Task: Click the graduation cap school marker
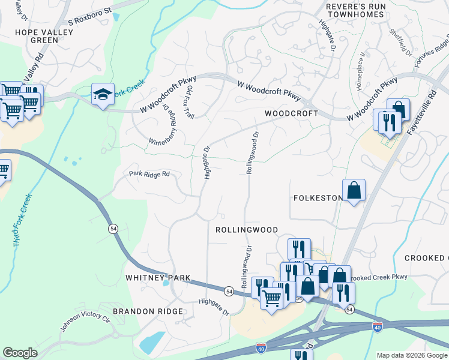pyautogui.click(x=103, y=94)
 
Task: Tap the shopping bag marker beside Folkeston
pyautogui.click(x=354, y=190)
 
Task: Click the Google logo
pyautogui.click(x=20, y=353)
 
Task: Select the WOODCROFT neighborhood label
pyautogui.click(x=291, y=113)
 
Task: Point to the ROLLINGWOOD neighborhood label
pyautogui.click(x=247, y=230)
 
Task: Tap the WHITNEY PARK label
pyautogui.click(x=158, y=278)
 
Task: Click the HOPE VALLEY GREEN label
pyautogui.click(x=36, y=36)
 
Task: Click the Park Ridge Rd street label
pyautogui.click(x=149, y=174)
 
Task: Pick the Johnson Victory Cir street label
pyautogui.click(x=85, y=320)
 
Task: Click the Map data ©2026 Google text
pyautogui.click(x=412, y=355)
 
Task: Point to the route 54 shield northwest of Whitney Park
pyautogui.click(x=112, y=229)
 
